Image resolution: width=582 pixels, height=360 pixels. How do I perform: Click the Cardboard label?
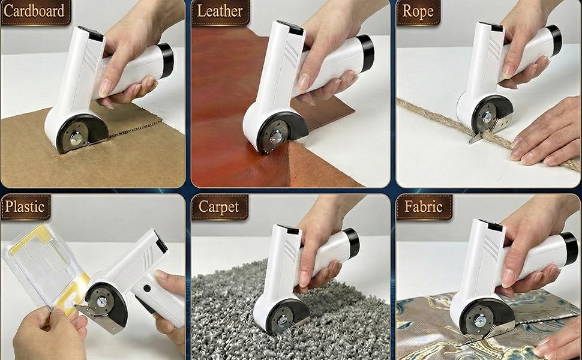pyautogui.click(x=35, y=11)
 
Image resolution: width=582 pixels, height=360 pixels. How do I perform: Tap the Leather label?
pyautogui.click(x=220, y=11)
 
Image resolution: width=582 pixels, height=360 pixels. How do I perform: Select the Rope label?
pyautogui.click(x=418, y=11)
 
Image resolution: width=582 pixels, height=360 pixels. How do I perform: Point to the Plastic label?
pyautogui.click(x=25, y=206)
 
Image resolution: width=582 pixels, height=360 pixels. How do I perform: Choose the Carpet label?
pyautogui.click(x=219, y=206)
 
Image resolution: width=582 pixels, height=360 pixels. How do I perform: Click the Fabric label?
pyautogui.click(x=424, y=206)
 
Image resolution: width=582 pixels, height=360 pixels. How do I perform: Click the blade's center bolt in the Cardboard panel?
pyautogui.click(x=76, y=139)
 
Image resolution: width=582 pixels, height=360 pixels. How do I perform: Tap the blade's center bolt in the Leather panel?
pyautogui.click(x=276, y=137)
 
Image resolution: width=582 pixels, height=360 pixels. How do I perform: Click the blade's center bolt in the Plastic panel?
pyautogui.click(x=101, y=301)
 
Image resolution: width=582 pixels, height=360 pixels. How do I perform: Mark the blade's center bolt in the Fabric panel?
pyautogui.click(x=479, y=320)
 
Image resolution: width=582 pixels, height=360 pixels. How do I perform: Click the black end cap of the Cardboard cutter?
pyautogui.click(x=166, y=59)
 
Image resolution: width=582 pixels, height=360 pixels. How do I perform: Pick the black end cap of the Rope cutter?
pyautogui.click(x=555, y=40)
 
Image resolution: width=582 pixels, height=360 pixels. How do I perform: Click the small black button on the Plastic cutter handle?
pyautogui.click(x=147, y=288)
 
